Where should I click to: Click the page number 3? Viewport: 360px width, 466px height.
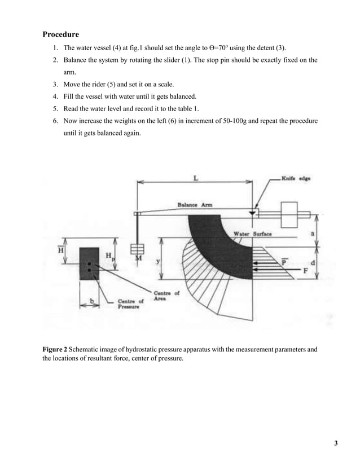click(335, 442)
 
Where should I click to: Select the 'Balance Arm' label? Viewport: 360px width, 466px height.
click(195, 205)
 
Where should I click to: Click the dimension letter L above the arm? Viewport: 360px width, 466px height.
click(195, 177)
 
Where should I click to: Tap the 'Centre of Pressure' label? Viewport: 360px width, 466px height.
click(130, 304)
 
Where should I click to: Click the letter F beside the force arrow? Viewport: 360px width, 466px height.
click(305, 271)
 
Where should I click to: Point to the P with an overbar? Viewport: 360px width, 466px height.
click(284, 261)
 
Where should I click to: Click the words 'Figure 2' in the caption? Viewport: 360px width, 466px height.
click(57, 350)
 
